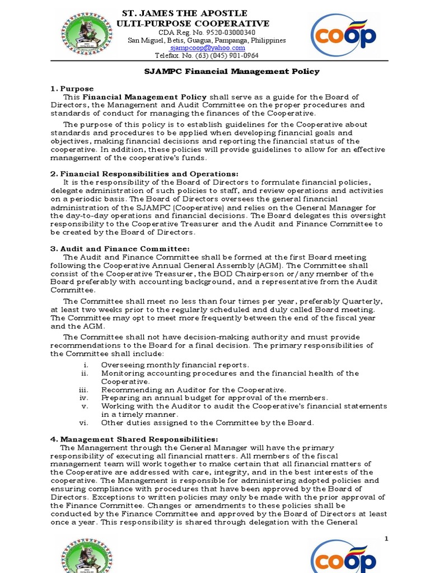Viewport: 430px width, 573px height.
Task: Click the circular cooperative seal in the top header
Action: [86, 34]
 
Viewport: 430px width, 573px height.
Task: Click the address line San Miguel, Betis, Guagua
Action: [207, 40]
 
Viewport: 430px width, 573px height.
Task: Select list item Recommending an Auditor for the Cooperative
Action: [193, 389]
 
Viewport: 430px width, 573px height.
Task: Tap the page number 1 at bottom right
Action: [386, 538]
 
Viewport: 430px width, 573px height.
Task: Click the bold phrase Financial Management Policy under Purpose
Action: [145, 97]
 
